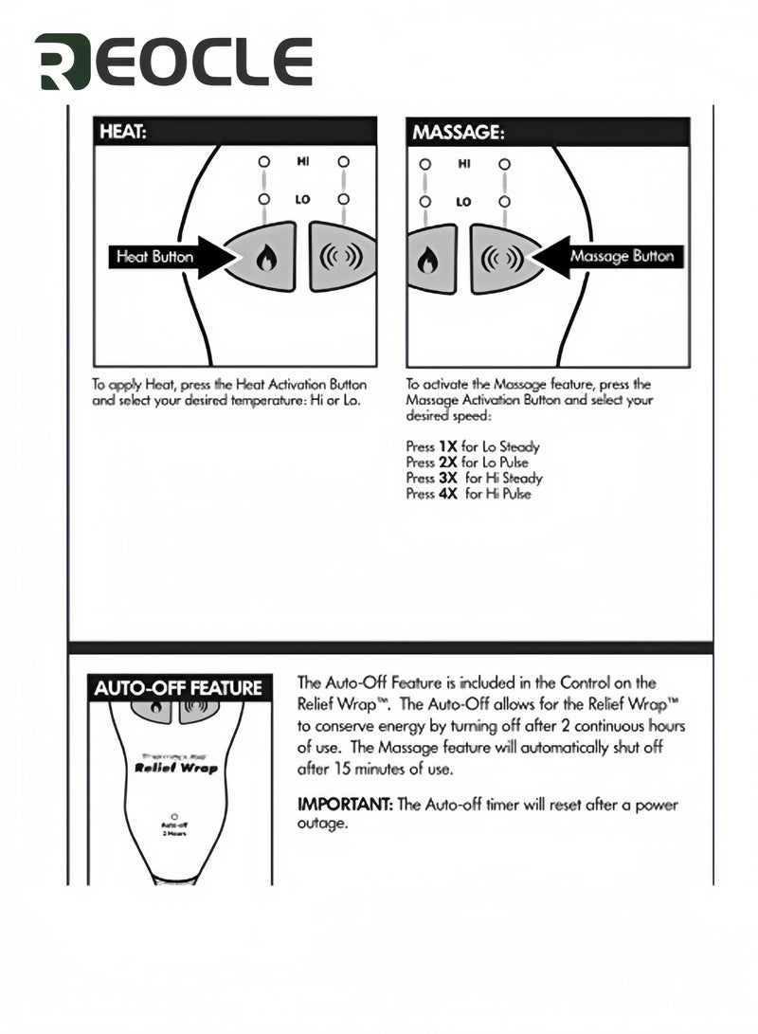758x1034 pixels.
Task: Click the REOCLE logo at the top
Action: pos(173,62)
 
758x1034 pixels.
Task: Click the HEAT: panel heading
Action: pos(123,132)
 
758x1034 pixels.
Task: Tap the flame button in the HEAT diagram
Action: pos(263,257)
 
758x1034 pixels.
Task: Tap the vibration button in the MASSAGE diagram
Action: pos(497,257)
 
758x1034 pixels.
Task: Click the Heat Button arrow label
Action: pos(154,257)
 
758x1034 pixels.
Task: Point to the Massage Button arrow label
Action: pos(622,257)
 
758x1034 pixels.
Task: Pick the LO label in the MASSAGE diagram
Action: pos(463,201)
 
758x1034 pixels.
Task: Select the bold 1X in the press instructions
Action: pos(447,446)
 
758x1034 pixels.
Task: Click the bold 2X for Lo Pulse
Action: pos(447,463)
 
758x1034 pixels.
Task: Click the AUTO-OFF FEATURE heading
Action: pos(177,688)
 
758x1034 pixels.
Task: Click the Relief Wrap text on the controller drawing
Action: pos(176,768)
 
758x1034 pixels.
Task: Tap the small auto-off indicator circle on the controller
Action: pos(173,815)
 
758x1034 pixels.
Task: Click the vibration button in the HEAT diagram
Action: pos(342,257)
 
